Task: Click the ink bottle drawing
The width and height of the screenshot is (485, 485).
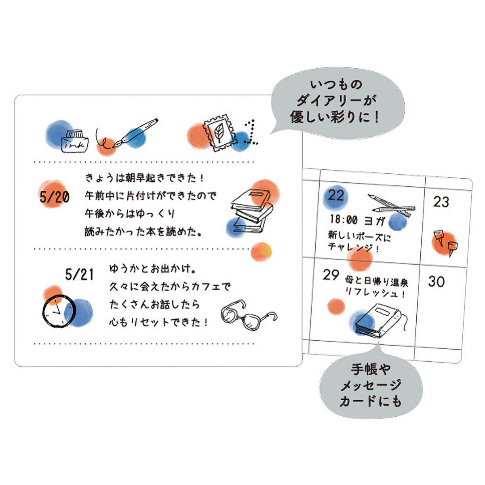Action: point(74,141)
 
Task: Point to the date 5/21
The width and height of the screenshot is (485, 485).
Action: point(79,274)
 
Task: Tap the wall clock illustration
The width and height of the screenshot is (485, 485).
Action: point(59,311)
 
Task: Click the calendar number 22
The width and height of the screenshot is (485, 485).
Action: point(336,196)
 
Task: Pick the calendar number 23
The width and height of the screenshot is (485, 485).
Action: point(441,202)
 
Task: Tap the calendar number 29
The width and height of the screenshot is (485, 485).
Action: point(331,275)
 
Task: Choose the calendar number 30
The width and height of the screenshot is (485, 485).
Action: point(436,281)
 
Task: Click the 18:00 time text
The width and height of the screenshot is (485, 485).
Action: point(344,220)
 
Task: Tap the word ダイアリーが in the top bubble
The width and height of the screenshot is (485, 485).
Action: point(336,101)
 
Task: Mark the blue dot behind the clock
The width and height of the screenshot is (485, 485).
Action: point(78,313)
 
